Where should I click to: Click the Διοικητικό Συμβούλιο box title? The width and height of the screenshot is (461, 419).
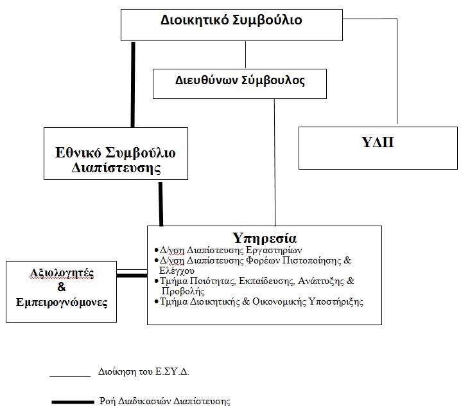coord(231,20)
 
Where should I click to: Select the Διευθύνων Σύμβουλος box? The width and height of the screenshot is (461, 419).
coord(239,84)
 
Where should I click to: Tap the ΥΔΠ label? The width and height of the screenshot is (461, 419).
coord(378,142)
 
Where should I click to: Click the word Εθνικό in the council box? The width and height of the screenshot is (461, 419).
coord(78,153)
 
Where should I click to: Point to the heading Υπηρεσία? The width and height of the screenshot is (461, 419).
coord(265,238)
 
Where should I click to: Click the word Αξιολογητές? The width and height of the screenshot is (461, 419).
coord(62,272)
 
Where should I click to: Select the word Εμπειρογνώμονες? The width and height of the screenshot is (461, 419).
coord(62,302)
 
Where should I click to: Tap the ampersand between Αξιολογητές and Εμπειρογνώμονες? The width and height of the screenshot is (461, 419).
coord(62,287)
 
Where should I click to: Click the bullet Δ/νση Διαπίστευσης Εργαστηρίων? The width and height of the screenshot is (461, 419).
coord(229,251)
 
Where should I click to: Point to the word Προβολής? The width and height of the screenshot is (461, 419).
coord(183,291)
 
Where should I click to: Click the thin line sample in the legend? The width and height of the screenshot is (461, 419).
coord(70,376)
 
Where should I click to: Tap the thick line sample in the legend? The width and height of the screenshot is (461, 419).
coord(73,402)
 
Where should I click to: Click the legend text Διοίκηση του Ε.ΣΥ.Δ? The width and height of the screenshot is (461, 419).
coord(143,372)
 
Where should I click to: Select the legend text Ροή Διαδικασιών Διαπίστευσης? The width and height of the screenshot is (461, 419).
coord(164,402)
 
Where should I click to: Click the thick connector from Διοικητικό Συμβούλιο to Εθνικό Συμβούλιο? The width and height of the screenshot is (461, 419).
coord(133,84)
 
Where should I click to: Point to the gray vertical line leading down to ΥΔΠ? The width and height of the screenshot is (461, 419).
coord(397,71)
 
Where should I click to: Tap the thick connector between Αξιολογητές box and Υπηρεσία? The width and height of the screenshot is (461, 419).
coord(132,276)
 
